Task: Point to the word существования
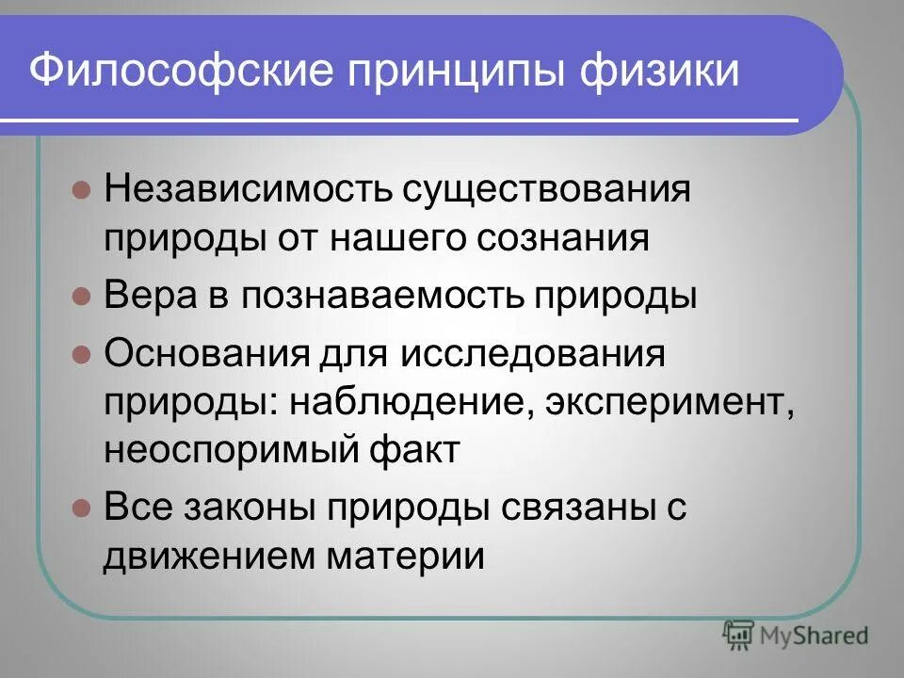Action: click(547, 189)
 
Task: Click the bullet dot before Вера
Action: click(81, 297)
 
